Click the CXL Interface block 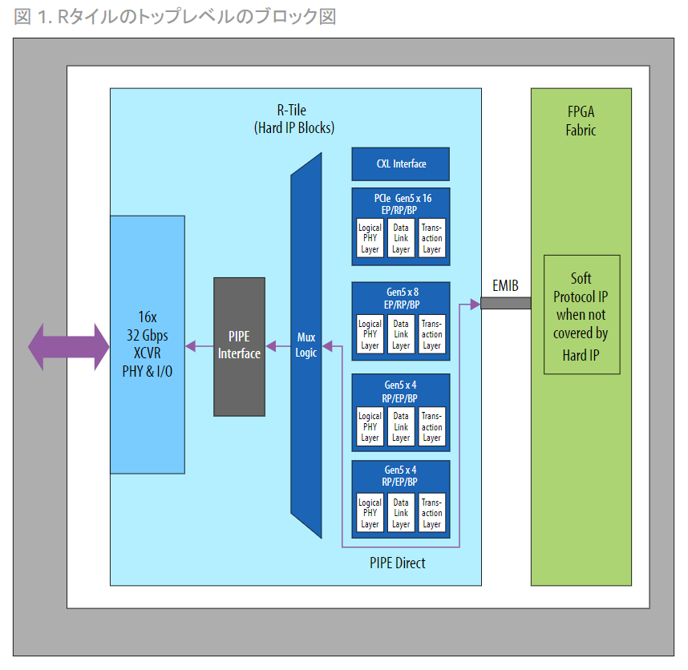[401, 164]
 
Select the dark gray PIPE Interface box [239, 346]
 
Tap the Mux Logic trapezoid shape [306, 345]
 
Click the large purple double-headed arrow [68, 346]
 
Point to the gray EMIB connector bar [504, 304]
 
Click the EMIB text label [505, 285]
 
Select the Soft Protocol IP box [581, 314]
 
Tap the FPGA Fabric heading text [581, 120]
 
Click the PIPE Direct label [398, 563]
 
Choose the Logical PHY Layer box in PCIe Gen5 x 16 [370, 238]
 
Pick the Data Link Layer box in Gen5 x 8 [401, 334]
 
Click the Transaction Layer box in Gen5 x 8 [432, 334]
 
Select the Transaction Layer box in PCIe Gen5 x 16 [432, 238]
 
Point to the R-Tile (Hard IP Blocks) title [294, 119]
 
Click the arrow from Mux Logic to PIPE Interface [277, 346]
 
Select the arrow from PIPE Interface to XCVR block [199, 346]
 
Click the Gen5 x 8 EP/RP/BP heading [401, 299]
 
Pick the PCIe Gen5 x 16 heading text [401, 204]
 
